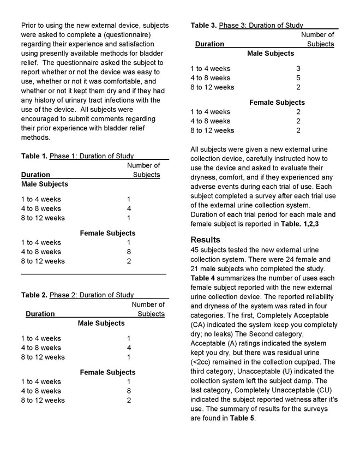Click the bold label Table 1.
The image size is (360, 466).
pyautogui.click(x=34, y=156)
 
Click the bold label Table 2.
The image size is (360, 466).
pyautogui.click(x=34, y=295)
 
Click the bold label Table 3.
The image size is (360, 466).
pyautogui.click(x=204, y=25)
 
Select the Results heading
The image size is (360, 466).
pyautogui.click(x=206, y=240)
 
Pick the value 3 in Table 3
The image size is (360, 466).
pyautogui.click(x=298, y=69)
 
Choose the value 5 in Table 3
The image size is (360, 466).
pyautogui.click(x=298, y=78)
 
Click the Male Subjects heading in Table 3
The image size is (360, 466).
pyautogui.click(x=271, y=53)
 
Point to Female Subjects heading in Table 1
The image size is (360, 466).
pyautogui.click(x=108, y=233)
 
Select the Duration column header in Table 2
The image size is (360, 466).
pyautogui.click(x=40, y=314)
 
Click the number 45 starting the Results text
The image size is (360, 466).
pyautogui.click(x=195, y=249)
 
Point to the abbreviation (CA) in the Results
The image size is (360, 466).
pyautogui.click(x=200, y=324)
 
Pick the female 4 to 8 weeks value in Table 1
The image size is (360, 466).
pyautogui.click(x=129, y=252)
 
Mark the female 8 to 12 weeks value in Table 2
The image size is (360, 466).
pyautogui.click(x=129, y=401)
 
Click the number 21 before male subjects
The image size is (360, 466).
pyautogui.click(x=195, y=269)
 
